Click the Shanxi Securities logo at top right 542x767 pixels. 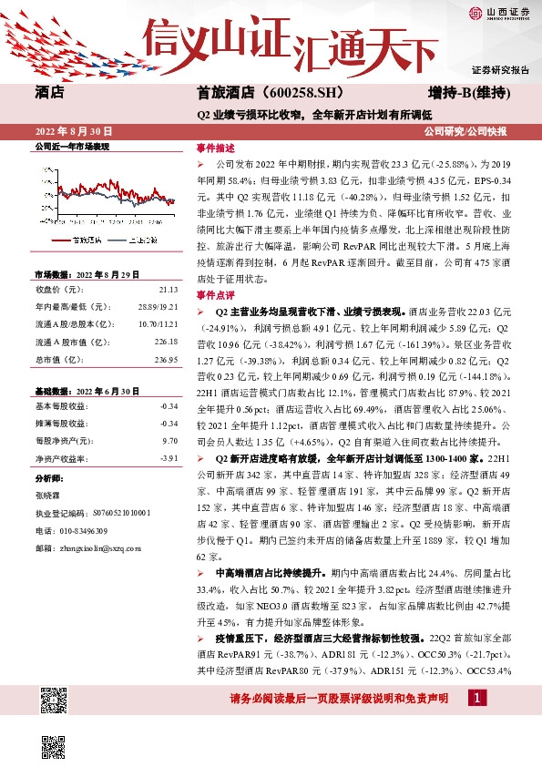coord(498,12)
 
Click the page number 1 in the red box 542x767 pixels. coord(476,698)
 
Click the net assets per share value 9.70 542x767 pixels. coord(169,440)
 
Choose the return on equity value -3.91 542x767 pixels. coord(169,458)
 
